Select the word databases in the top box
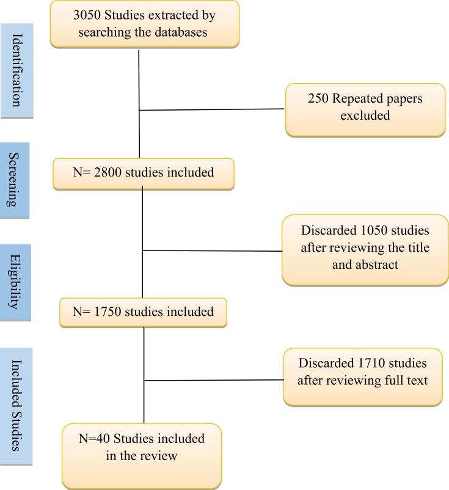pos(181,32)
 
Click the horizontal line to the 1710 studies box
pos(214,380)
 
